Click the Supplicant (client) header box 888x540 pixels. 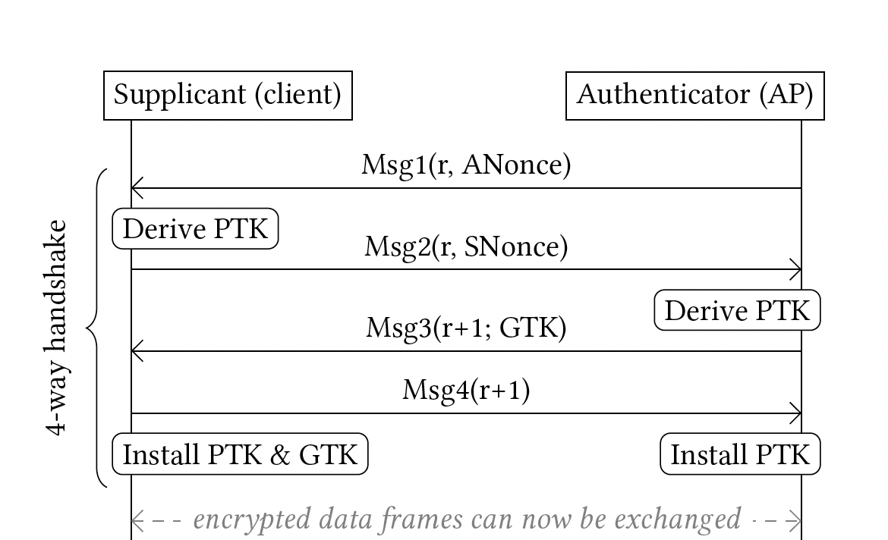pyautogui.click(x=228, y=96)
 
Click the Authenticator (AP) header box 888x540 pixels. pyautogui.click(x=695, y=96)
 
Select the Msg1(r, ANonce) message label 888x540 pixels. pyautogui.click(x=466, y=165)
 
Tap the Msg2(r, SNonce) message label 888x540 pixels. pyautogui.click(x=466, y=246)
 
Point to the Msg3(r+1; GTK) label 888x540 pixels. pyautogui.click(x=466, y=328)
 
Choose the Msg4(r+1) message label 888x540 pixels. pyautogui.click(x=466, y=391)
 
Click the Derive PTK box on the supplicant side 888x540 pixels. pyautogui.click(x=195, y=229)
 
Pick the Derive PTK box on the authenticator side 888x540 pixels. pyautogui.click(x=738, y=310)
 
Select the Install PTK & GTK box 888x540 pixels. pyautogui.click(x=240, y=454)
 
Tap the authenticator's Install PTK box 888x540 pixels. pyautogui.click(x=740, y=454)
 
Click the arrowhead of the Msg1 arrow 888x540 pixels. pyautogui.click(x=133, y=188)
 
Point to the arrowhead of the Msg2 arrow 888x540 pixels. pyautogui.click(x=800, y=269)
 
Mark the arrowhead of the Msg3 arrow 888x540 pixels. pyautogui.click(x=133, y=351)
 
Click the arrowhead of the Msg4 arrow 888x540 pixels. pyautogui.click(x=800, y=413)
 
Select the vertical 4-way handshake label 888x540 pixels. pyautogui.click(x=57, y=328)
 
